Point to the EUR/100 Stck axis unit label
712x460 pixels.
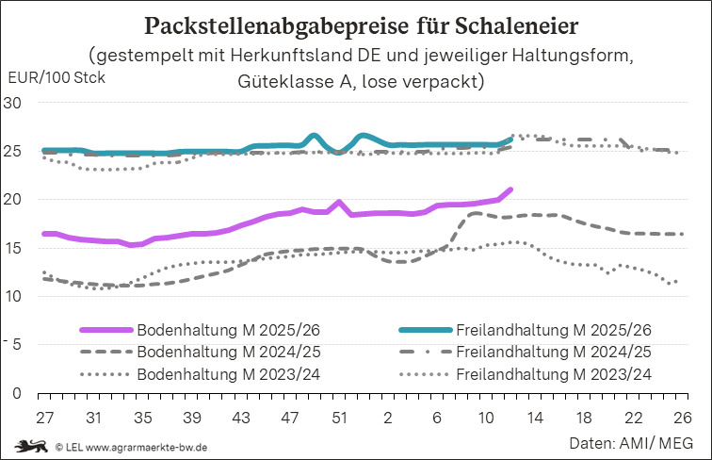[56, 77]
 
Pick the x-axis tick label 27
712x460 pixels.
[43, 417]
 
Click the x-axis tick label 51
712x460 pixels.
[338, 417]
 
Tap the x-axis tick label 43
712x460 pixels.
[240, 417]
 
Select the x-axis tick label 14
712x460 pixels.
[535, 417]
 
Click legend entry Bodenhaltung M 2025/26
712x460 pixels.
[213, 330]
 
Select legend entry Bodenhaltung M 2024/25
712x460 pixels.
[213, 352]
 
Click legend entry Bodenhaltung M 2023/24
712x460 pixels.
[213, 374]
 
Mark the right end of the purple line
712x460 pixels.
[510, 189]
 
